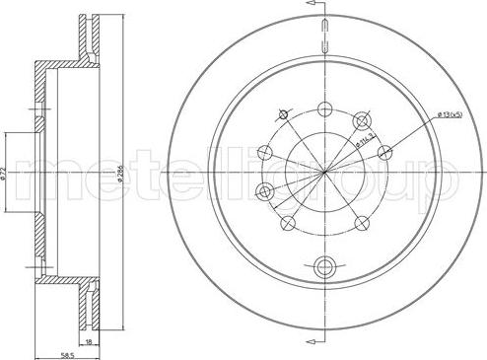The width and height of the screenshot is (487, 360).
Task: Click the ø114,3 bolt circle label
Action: point(366,140)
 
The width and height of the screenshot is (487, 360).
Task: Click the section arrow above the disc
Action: point(316,7)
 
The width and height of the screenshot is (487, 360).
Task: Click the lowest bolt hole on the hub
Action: point(325,264)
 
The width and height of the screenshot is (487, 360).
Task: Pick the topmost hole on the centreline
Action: point(325,109)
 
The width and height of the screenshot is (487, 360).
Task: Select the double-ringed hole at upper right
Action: point(362,120)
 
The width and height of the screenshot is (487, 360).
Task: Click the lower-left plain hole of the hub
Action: point(287,225)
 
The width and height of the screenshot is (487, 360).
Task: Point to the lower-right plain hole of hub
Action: point(363,225)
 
